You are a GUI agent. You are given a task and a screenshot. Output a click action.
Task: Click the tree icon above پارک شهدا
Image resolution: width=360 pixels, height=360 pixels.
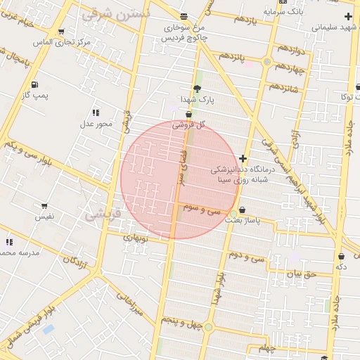coord(196,89)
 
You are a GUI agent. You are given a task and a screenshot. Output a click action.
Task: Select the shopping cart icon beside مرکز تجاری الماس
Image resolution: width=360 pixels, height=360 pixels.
coord(61,31)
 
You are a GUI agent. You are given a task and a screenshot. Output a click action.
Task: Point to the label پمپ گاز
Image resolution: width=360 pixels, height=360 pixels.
coord(34,94)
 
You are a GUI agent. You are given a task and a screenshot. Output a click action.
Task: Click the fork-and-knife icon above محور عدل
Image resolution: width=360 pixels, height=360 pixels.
coord(96,112)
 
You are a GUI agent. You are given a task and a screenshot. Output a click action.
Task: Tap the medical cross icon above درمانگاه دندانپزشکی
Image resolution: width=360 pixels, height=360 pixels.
coord(243,159)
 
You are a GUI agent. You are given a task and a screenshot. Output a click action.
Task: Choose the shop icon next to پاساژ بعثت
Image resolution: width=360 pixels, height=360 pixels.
coord(243,210)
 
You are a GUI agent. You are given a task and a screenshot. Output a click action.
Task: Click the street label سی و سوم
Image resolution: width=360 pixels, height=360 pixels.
coord(202,209)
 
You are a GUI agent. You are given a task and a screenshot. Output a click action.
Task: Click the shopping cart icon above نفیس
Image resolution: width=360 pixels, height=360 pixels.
coord(44,207)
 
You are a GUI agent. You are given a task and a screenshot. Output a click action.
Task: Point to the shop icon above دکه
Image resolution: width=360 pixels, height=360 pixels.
coord(341,257)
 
